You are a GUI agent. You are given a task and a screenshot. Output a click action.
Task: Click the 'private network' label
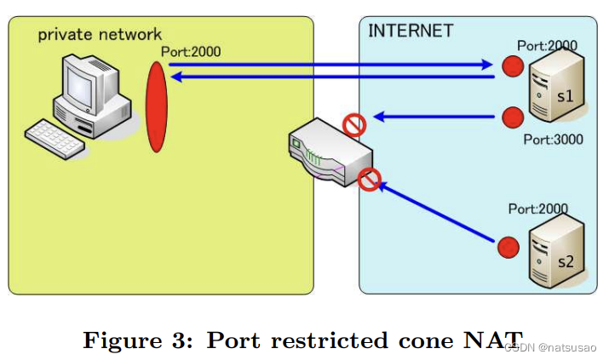click(99, 34)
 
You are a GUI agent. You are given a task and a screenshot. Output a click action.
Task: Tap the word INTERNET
click(410, 31)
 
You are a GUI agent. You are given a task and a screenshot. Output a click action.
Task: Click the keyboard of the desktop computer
click(57, 138)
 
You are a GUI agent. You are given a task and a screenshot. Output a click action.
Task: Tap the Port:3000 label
click(553, 139)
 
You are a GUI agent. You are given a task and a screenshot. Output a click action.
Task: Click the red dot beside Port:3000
click(511, 117)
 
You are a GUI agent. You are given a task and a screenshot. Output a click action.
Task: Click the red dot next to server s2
click(508, 248)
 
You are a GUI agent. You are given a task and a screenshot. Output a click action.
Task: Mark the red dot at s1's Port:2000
click(512, 66)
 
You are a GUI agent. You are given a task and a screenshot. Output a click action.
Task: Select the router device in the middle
click(328, 153)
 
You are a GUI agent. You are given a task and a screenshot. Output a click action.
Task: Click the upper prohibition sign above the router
click(354, 126)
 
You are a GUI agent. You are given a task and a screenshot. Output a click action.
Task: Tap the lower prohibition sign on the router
click(368, 180)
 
